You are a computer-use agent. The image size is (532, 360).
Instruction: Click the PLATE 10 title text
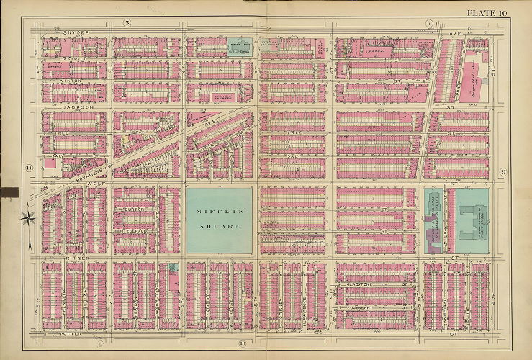coord(487,12)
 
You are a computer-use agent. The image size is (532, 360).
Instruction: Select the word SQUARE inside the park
coord(219,225)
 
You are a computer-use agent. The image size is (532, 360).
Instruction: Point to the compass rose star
coord(27,216)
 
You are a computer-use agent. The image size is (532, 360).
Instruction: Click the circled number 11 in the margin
coord(28,169)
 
